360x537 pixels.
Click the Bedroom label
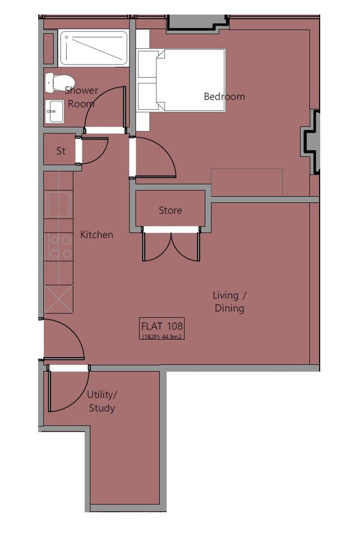coord(224,96)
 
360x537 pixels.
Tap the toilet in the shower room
coord(59,82)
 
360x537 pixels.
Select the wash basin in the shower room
coord(54,112)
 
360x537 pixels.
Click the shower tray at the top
coord(94,48)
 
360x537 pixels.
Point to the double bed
coord(181,80)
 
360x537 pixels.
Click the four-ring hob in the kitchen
coord(59,247)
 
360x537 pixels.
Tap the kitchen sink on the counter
coord(58,205)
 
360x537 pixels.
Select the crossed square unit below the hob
coord(59,299)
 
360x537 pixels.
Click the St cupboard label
coord(61,151)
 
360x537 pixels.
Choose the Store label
coord(170,210)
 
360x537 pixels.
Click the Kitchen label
coord(96,235)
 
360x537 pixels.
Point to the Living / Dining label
coord(229,302)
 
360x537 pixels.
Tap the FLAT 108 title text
coord(162,326)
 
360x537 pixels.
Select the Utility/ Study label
coord(101,401)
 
